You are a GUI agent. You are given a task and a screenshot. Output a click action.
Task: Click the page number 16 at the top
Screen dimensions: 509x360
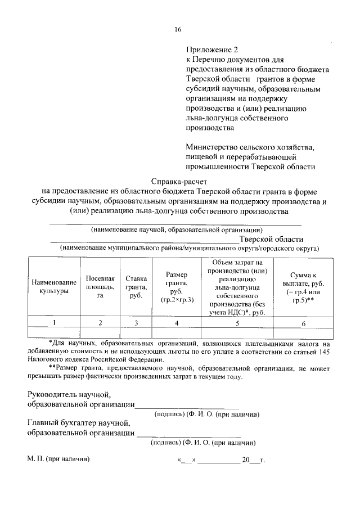point(178,30)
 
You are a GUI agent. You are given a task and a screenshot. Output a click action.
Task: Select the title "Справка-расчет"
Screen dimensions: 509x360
point(179,182)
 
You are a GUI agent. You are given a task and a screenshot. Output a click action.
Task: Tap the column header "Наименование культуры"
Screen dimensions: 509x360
point(54,286)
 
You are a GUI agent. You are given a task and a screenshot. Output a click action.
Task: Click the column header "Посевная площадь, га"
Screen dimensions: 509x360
point(100,286)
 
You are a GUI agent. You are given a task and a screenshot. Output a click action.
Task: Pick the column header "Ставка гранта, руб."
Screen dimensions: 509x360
point(136,286)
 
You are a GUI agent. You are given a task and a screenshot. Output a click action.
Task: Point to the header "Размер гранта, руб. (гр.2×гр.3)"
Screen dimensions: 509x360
point(177,286)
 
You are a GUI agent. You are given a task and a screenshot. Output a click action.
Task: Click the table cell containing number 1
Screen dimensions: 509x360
point(54,323)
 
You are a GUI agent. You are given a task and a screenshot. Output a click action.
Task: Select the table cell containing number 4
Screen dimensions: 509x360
point(177,323)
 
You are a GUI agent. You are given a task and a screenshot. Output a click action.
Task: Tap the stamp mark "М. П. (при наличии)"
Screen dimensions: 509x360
point(58,459)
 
